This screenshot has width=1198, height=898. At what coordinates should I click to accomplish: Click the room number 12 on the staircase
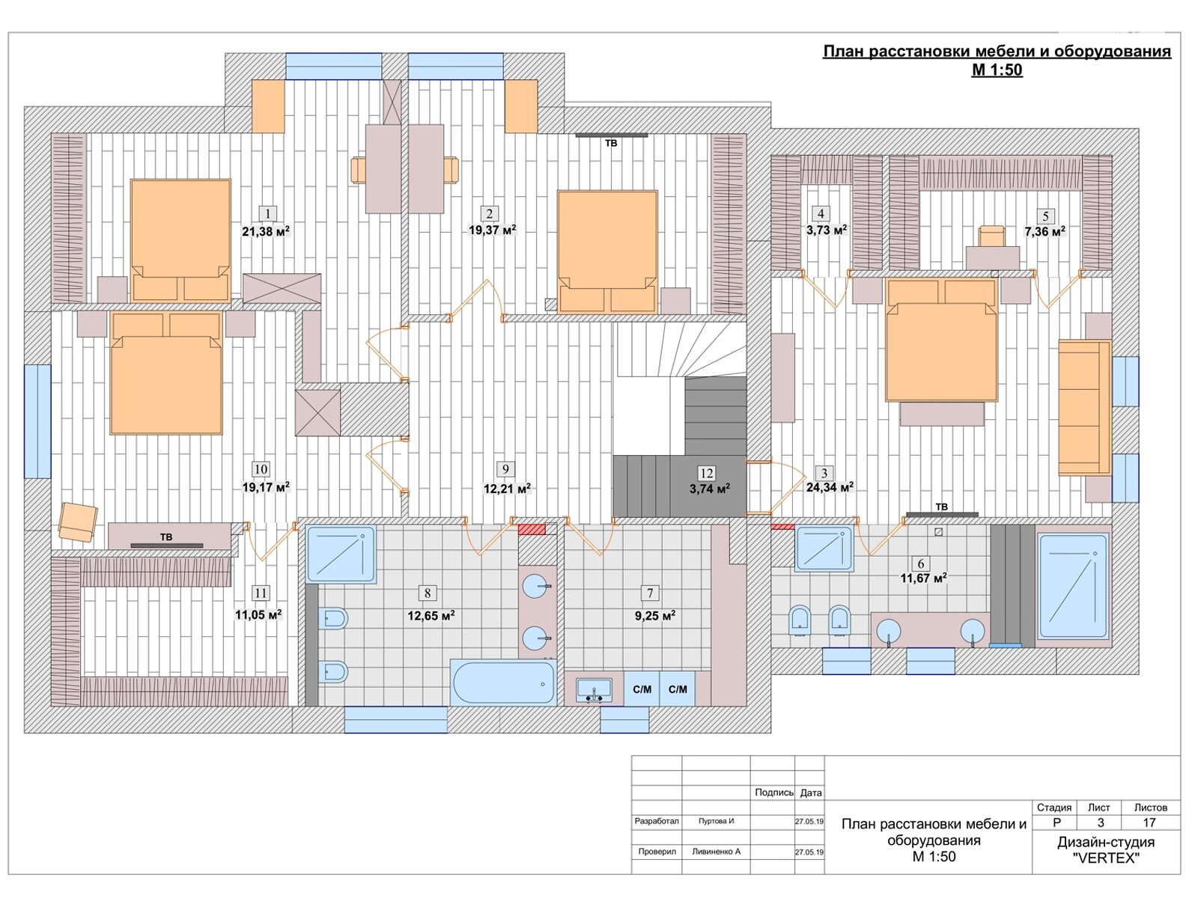coord(706,473)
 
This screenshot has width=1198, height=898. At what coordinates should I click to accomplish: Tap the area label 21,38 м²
coord(266,231)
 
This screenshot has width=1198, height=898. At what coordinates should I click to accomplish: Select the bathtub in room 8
coord(504,682)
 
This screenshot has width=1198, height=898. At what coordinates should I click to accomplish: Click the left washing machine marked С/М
coord(642,689)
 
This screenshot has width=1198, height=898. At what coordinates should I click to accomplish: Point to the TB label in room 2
coord(611,143)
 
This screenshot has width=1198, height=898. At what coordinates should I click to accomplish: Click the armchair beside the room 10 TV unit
coord(78,522)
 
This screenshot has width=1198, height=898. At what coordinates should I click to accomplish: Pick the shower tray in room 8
coord(341,554)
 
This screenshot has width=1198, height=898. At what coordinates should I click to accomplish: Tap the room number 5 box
coord(1045,216)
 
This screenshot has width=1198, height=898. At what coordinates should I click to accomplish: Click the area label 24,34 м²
coord(830,487)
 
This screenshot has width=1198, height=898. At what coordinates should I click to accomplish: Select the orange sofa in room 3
coord(1084,407)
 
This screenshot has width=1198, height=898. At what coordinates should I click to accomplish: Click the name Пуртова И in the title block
coord(716,821)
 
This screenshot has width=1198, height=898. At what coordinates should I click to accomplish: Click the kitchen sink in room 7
coord(594,689)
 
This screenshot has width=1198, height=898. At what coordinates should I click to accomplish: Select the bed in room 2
coord(607,251)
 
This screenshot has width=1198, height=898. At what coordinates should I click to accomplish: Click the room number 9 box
coord(505,469)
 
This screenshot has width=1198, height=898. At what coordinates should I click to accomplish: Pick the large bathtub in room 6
coord(1073,586)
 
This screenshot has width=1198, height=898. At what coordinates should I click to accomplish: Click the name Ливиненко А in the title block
coord(716,851)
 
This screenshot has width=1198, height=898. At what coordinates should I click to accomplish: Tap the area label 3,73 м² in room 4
coord(827,230)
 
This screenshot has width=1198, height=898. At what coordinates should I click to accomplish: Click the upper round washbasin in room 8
coord(535,587)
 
